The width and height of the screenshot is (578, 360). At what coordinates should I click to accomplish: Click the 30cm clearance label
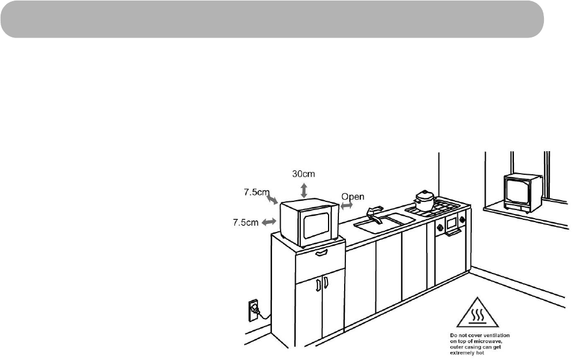(304, 174)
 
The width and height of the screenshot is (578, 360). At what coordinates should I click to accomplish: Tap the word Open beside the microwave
(353, 196)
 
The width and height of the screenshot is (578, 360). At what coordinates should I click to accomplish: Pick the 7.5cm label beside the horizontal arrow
(245, 223)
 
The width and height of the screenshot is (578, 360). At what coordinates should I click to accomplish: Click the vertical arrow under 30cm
(304, 190)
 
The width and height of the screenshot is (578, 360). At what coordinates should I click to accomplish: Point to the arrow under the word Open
(346, 206)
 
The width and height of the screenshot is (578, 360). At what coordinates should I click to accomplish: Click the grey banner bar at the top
(272, 19)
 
